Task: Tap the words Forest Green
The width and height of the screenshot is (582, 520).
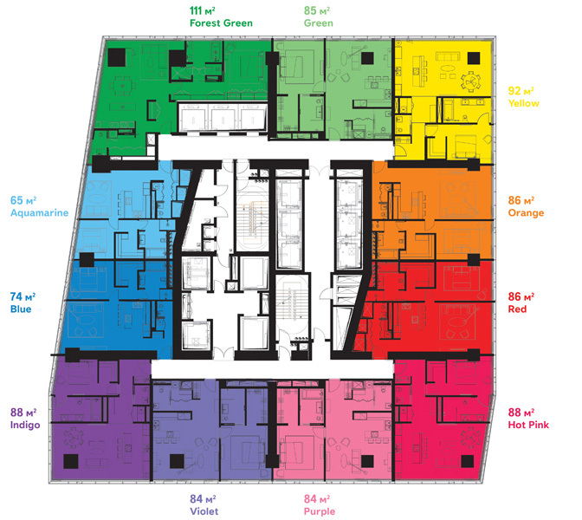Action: tap(221, 23)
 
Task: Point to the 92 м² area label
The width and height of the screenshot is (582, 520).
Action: tap(524, 89)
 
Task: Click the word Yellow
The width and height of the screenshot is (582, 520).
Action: tap(524, 103)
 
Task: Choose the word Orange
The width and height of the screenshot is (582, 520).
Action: tap(526, 213)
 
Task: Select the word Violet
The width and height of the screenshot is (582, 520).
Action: tap(205, 510)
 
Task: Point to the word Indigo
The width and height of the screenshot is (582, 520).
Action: tap(26, 425)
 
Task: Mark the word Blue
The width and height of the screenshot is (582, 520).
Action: tap(21, 309)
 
